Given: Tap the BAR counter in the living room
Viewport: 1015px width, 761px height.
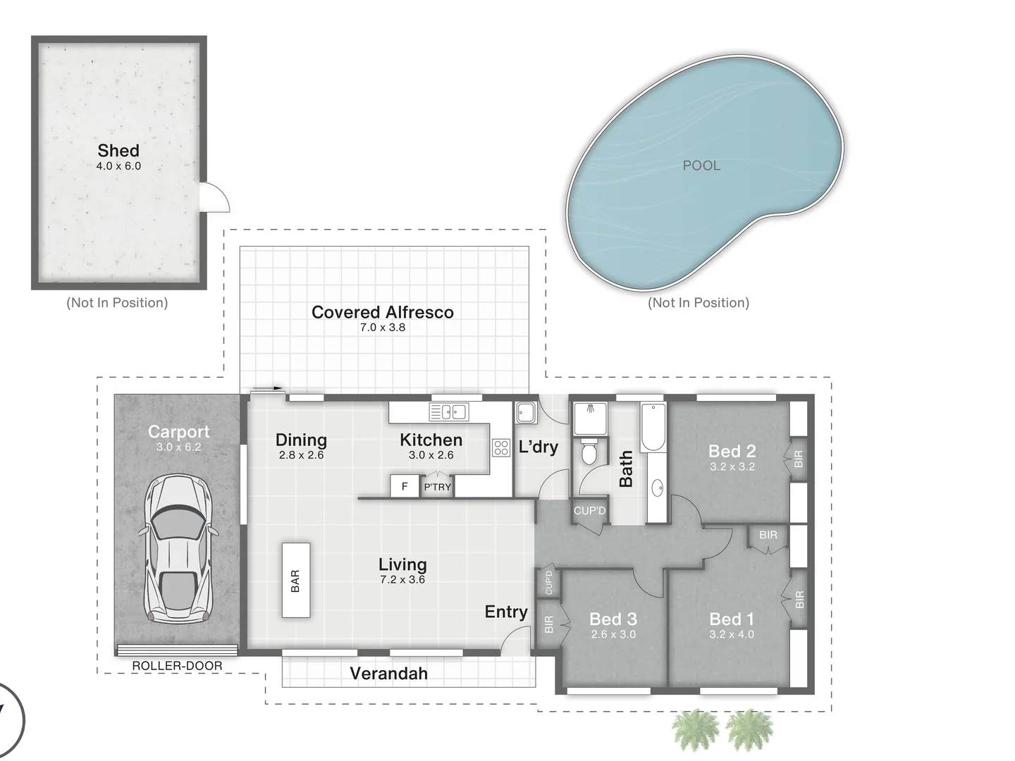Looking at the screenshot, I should [x=296, y=580].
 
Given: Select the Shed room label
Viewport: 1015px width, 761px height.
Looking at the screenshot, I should [x=118, y=150].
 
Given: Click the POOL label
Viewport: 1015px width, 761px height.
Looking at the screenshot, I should [x=701, y=166].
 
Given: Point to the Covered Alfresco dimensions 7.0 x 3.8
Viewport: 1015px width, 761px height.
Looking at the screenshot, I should [x=383, y=328].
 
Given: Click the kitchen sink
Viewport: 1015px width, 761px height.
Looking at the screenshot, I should [x=449, y=412].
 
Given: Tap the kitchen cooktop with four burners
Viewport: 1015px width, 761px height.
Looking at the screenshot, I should [x=501, y=447].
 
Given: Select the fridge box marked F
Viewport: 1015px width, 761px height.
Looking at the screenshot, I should [x=405, y=486].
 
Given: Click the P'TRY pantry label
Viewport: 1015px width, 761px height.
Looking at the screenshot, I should [x=437, y=487].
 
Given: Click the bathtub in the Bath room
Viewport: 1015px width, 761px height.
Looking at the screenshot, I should [x=653, y=427].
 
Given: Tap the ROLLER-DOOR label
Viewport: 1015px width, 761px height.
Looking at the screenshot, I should [x=177, y=666].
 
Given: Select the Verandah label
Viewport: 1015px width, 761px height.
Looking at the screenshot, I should [x=388, y=674].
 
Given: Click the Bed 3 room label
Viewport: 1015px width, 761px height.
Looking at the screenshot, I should [x=613, y=619].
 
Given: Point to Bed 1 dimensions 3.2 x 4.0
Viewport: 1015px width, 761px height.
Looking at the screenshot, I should [x=732, y=634].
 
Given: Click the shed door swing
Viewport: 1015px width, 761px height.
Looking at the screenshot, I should [x=215, y=197].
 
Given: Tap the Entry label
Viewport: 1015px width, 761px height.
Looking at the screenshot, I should [x=505, y=612].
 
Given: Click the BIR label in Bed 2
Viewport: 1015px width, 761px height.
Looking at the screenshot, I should [x=799, y=459].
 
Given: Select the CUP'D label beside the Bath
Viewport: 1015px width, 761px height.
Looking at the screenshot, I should [x=589, y=510].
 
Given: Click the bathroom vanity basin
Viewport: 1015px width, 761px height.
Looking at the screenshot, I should [x=657, y=487].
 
